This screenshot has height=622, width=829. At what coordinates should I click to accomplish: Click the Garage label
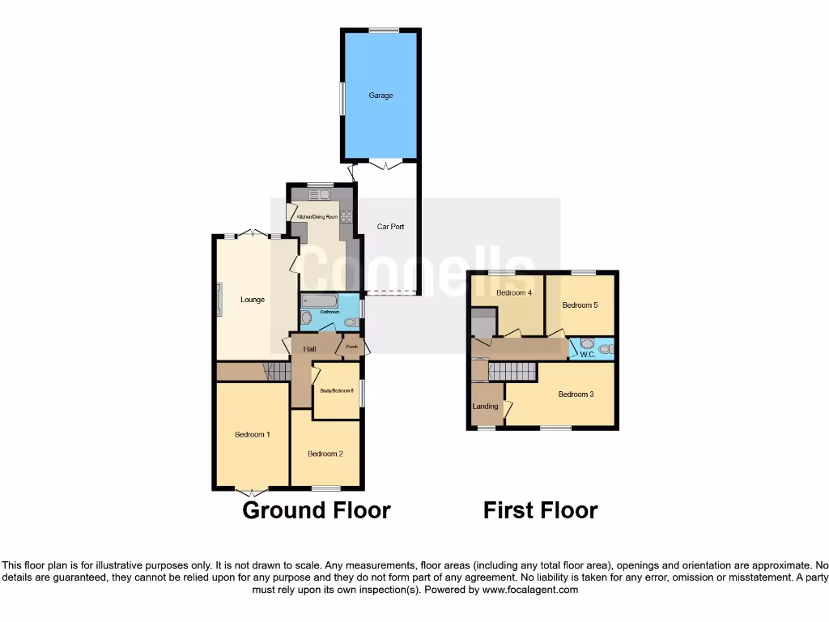pos(380,96)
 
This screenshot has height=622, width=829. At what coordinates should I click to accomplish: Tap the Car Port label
pos(391,227)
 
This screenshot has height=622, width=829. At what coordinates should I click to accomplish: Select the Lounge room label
pos(253,300)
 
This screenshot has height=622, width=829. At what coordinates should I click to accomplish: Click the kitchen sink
pos(317,194)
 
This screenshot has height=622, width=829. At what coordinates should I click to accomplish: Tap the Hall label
pos(309,349)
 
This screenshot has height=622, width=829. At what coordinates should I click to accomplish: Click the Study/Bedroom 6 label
pos(337,391)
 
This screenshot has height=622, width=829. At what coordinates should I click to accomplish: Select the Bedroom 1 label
pos(253,435)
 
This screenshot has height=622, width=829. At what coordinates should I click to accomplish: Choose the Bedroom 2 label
pos(325,454)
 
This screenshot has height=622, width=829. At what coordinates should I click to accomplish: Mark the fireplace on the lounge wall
pos(219,300)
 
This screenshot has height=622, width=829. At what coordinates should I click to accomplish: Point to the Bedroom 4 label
pos(513,293)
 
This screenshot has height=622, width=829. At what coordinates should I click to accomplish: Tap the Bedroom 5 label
pos(580,305)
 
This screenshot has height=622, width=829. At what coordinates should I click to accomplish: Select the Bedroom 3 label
pos(576,394)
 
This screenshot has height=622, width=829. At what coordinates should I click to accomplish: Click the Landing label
pos(486,407)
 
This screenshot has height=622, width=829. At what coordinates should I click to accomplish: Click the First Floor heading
pos(540,510)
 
